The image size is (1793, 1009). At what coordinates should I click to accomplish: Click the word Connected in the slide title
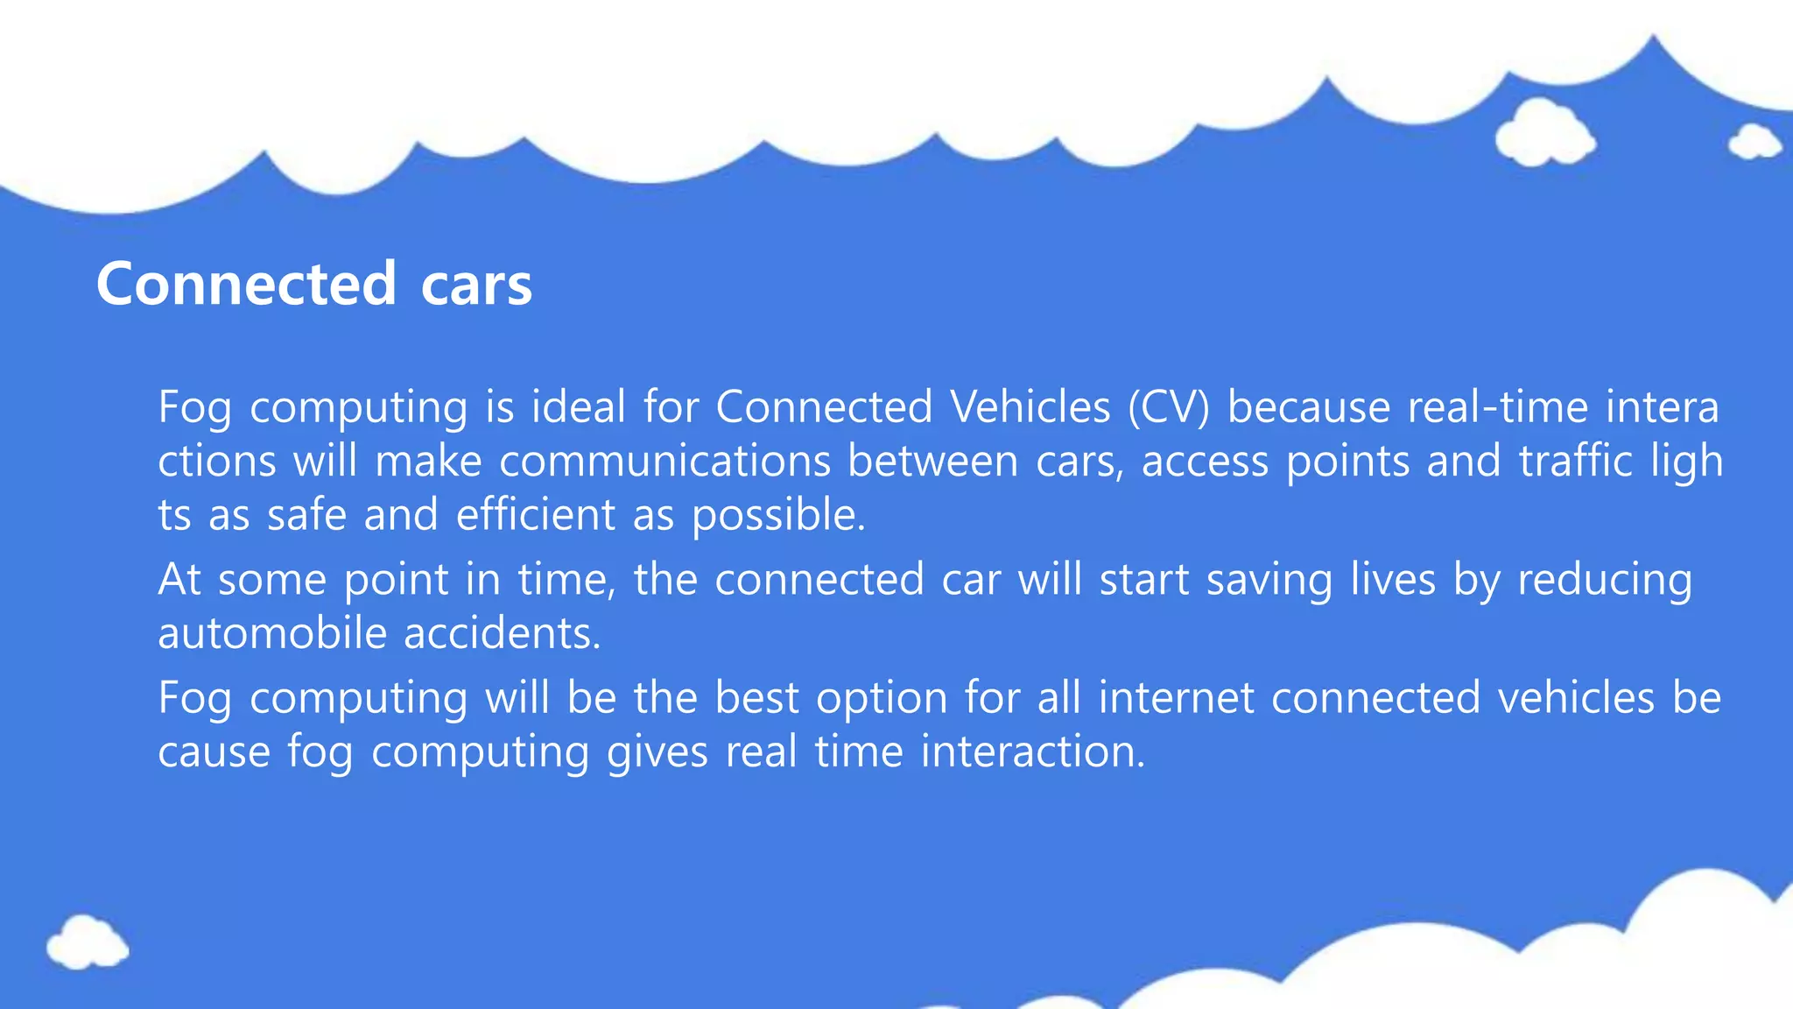tap(246, 284)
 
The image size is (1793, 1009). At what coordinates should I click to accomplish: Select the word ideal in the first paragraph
tap(578, 407)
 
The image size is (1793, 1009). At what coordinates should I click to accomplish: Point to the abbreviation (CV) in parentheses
tap(1169, 407)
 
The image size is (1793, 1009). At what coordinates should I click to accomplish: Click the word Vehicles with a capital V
tap(1030, 407)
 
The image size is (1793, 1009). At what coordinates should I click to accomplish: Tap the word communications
tap(664, 462)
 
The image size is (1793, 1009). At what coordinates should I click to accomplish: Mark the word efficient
tap(536, 515)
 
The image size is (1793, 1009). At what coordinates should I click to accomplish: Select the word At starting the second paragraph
tap(179, 580)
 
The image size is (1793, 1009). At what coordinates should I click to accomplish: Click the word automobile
tap(272, 633)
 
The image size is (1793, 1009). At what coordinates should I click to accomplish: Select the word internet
tap(1176, 699)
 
